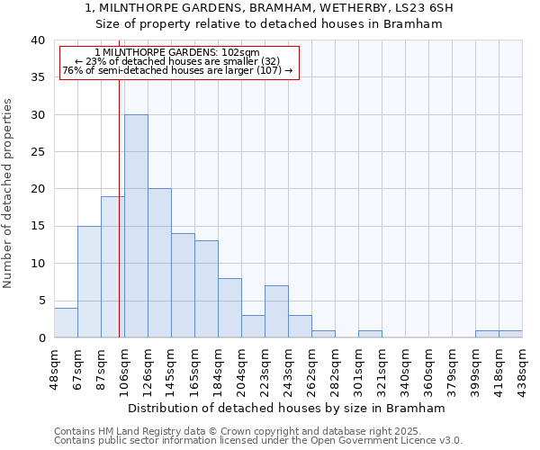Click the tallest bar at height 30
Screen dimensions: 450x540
click(x=136, y=226)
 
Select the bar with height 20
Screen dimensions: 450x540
click(x=159, y=263)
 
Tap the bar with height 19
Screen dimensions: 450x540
click(x=112, y=266)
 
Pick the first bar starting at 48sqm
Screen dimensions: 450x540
click(x=66, y=322)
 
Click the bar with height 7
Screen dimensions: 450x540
click(x=276, y=311)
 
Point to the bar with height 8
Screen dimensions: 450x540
click(x=229, y=308)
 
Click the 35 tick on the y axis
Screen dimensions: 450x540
click(x=38, y=77)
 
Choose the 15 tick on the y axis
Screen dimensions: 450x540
click(x=38, y=226)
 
